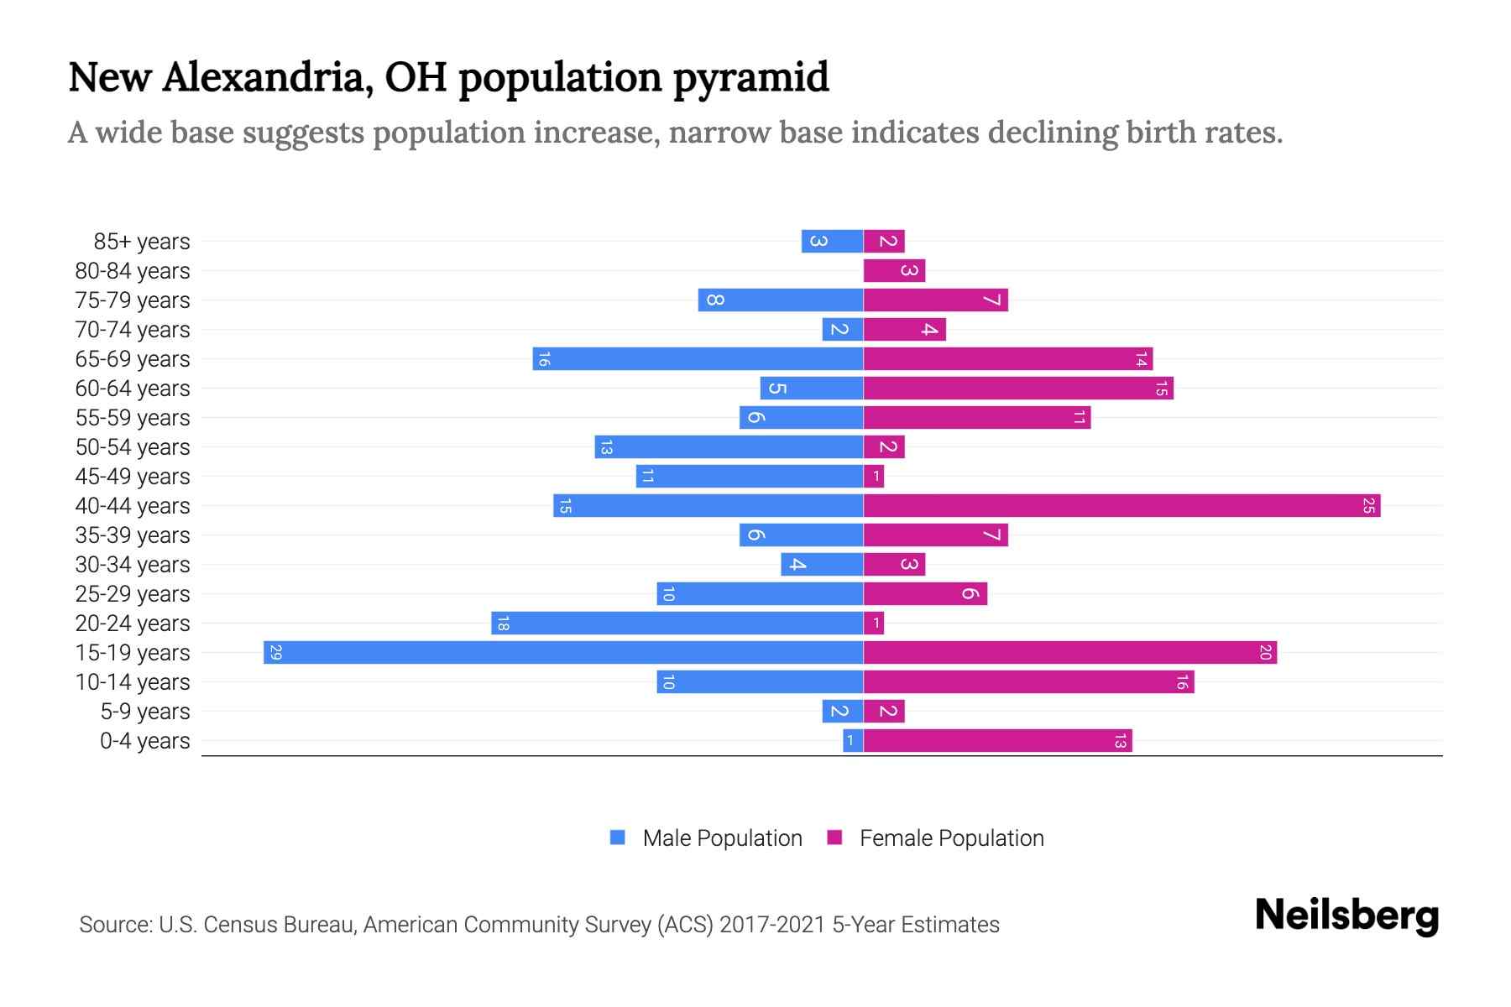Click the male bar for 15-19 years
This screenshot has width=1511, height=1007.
[x=562, y=652]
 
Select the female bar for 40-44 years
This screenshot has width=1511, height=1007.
[x=1121, y=505]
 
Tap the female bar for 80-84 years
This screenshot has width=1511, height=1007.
[x=894, y=270]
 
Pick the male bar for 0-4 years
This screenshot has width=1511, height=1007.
[x=853, y=740]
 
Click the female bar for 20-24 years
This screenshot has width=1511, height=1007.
[x=874, y=623]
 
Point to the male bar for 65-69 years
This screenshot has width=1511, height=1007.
[x=698, y=358]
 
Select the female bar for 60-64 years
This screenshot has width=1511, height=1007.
[x=1018, y=388]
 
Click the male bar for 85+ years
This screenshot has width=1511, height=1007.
[x=832, y=241]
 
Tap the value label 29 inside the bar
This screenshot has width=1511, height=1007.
[x=275, y=652]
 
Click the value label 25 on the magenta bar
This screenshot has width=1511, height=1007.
[x=1368, y=505]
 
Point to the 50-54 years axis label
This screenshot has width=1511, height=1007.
[x=133, y=447]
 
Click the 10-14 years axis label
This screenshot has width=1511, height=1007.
[x=133, y=682]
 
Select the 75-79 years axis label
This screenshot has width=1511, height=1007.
[x=133, y=300]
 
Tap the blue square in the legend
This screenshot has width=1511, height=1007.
[x=618, y=837]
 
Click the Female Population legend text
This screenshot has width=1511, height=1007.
[x=951, y=838]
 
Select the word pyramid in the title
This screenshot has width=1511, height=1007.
[x=750, y=78]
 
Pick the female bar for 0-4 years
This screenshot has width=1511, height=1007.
[x=997, y=740]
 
